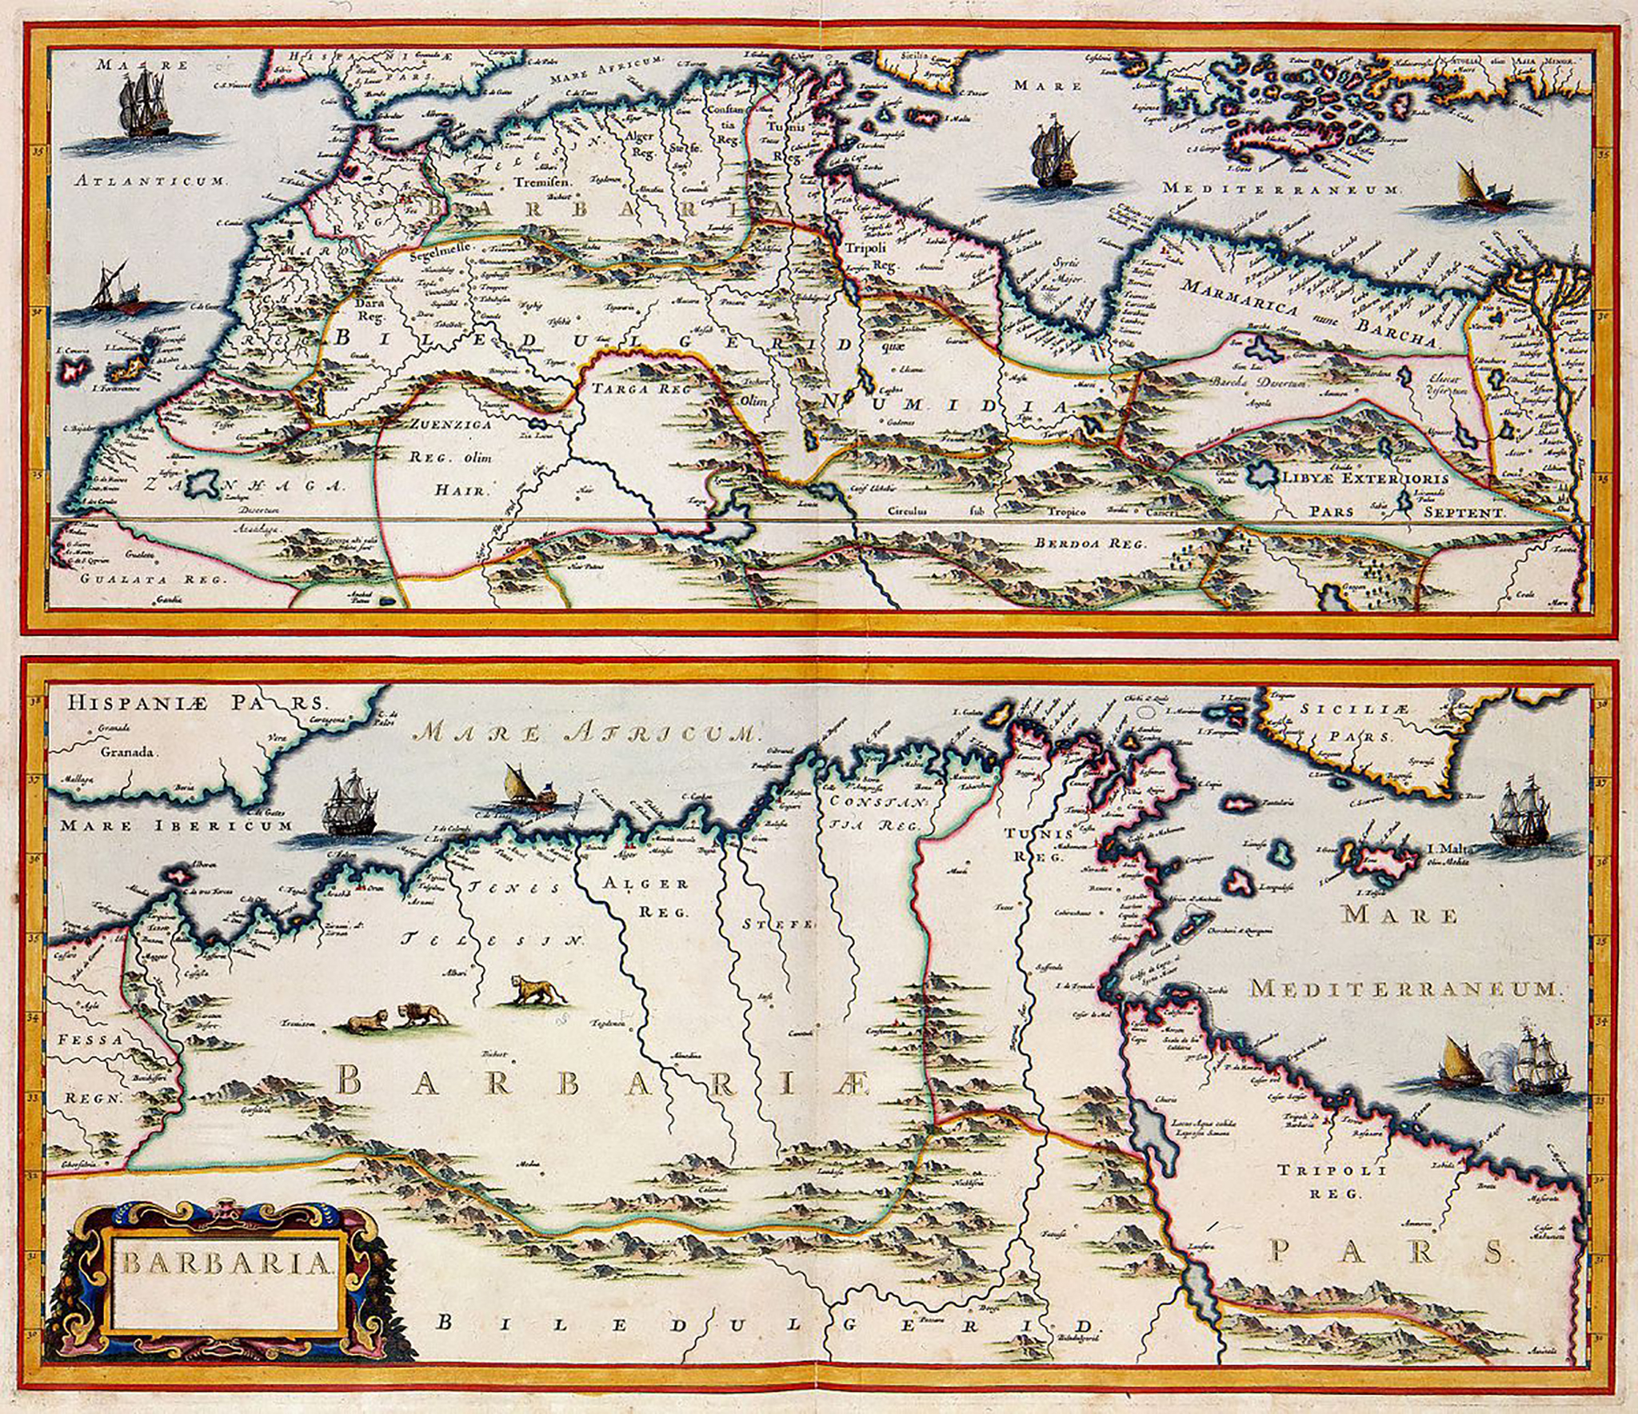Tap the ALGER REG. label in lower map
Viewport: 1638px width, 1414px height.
[x=647, y=897]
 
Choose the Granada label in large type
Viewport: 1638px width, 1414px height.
[x=130, y=752]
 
